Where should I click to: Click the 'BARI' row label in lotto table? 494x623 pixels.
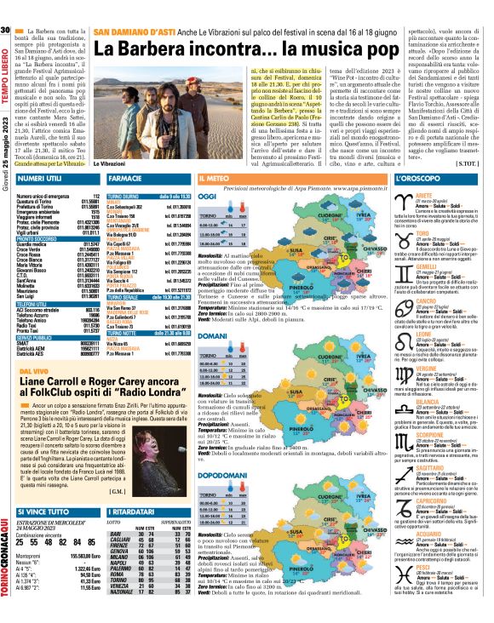click(x=116, y=511)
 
